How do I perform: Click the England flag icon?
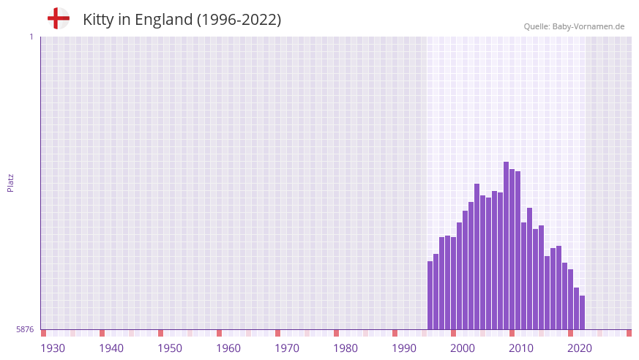pyautogui.click(x=58, y=19)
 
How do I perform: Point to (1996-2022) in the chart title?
pyautogui.click(x=239, y=20)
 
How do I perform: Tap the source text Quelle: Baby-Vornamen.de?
pyautogui.click(x=574, y=26)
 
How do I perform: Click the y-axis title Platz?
pyautogui.click(x=10, y=183)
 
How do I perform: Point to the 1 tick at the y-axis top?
pyautogui.click(x=31, y=37)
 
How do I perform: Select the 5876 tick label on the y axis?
pyautogui.click(x=25, y=329)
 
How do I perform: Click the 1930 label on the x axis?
pyautogui.click(x=53, y=348)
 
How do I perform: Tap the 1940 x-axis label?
pyautogui.click(x=111, y=348)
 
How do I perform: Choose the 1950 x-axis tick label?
pyautogui.click(x=170, y=348)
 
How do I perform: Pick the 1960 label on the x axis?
pyautogui.click(x=228, y=348)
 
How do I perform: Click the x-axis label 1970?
pyautogui.click(x=287, y=348)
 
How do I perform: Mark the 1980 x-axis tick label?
pyautogui.click(x=345, y=348)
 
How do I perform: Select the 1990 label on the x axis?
pyautogui.click(x=404, y=348)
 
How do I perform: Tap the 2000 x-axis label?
pyautogui.click(x=463, y=348)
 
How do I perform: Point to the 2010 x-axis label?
pyautogui.click(x=521, y=348)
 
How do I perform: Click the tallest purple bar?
pyautogui.click(x=506, y=245)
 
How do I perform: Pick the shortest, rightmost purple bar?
pyautogui.click(x=582, y=312)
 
